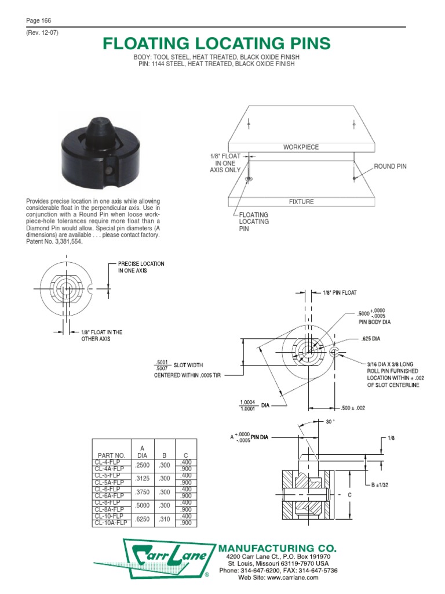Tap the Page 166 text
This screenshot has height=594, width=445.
click(x=39, y=21)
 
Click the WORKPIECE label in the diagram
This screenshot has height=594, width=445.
click(x=301, y=147)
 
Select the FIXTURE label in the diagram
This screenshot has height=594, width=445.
click(x=301, y=202)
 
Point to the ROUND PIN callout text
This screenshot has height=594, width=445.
click(x=390, y=166)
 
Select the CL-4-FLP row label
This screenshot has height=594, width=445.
click(x=110, y=462)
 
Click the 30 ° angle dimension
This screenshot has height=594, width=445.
click(x=330, y=422)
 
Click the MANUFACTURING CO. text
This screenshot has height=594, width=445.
click(x=276, y=548)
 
